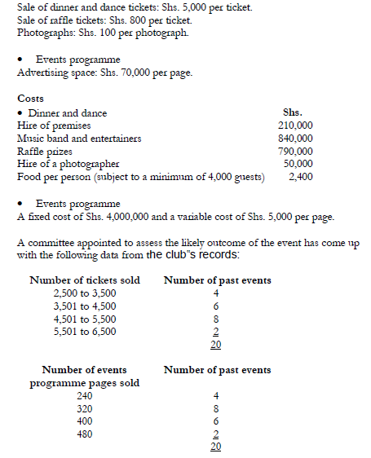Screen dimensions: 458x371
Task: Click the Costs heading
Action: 30,99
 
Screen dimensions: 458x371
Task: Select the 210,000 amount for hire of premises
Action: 295,125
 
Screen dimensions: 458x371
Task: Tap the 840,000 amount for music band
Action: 295,138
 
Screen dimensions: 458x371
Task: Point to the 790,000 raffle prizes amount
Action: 295,151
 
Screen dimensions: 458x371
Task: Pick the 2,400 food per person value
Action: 302,175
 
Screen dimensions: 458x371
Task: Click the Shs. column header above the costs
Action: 293,112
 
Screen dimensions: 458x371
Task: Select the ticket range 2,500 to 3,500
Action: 85,293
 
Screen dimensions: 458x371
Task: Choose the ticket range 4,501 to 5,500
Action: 85,319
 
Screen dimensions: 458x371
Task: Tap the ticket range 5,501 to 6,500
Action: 85,331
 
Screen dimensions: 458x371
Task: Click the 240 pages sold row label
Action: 84,395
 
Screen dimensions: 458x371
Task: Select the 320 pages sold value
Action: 84,408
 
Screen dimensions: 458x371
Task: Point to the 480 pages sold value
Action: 84,434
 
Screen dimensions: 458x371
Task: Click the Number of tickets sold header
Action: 85,280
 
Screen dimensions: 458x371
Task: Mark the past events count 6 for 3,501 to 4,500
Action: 216,306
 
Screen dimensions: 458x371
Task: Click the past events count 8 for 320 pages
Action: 216,408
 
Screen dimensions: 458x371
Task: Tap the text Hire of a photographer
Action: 68,163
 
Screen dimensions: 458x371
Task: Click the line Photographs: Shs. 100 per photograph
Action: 103,33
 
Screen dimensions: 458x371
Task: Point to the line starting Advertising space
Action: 104,73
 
